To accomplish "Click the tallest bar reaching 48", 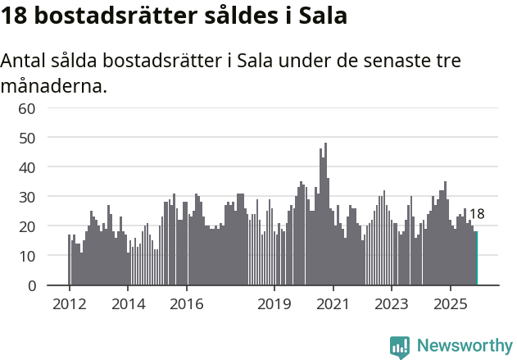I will point(325,215).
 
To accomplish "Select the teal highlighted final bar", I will point(476,258).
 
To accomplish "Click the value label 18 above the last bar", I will point(476,214).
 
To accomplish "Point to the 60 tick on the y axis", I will point(27,108).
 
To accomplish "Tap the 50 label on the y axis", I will point(27,138).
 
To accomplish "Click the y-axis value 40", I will point(27,167).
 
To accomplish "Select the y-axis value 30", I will point(27,197).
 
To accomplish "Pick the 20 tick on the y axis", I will point(27,226).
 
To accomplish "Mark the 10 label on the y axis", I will point(27,256).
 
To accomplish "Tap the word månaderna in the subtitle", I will point(54,85).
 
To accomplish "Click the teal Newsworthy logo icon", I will point(400,347).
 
